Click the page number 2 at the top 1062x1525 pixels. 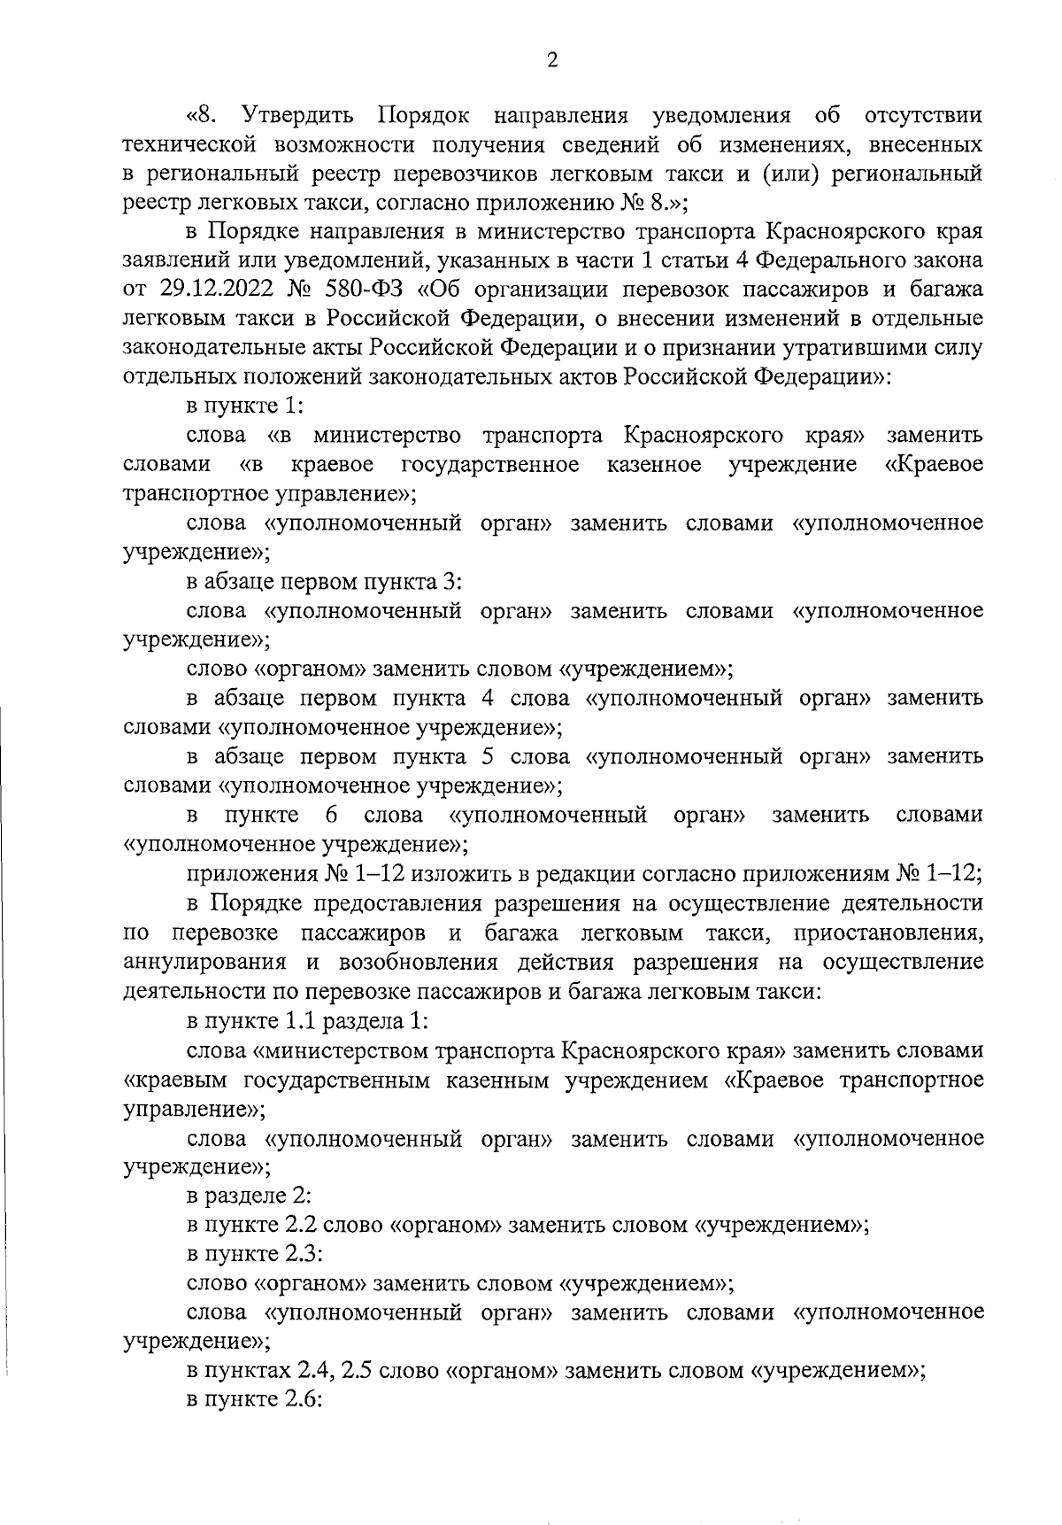(x=552, y=60)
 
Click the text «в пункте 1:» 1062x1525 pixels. (x=245, y=407)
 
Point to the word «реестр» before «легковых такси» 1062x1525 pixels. (x=151, y=203)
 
